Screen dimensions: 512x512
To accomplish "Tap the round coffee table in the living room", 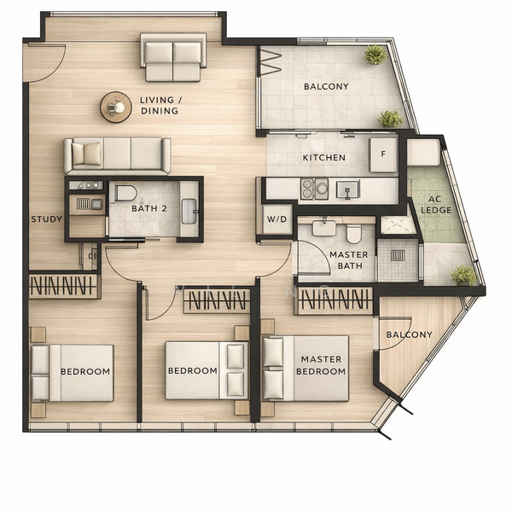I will [x=116, y=107].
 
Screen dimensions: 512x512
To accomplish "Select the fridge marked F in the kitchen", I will [x=382, y=155].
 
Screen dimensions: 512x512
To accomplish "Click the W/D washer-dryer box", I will [x=276, y=218].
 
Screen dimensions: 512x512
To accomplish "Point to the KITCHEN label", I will [x=324, y=158].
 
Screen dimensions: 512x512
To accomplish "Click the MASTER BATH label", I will [x=348, y=260].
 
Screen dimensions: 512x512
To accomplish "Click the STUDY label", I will [x=46, y=219].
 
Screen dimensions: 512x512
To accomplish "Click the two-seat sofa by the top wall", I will [x=173, y=56].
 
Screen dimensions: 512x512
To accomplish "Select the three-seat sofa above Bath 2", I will [x=117, y=155].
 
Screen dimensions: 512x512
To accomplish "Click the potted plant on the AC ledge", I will [x=463, y=275].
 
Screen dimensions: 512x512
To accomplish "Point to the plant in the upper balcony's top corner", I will [x=375, y=55].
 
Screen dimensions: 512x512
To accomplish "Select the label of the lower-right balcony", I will [x=409, y=335].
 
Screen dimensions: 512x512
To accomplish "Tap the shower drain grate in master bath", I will [x=398, y=254].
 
